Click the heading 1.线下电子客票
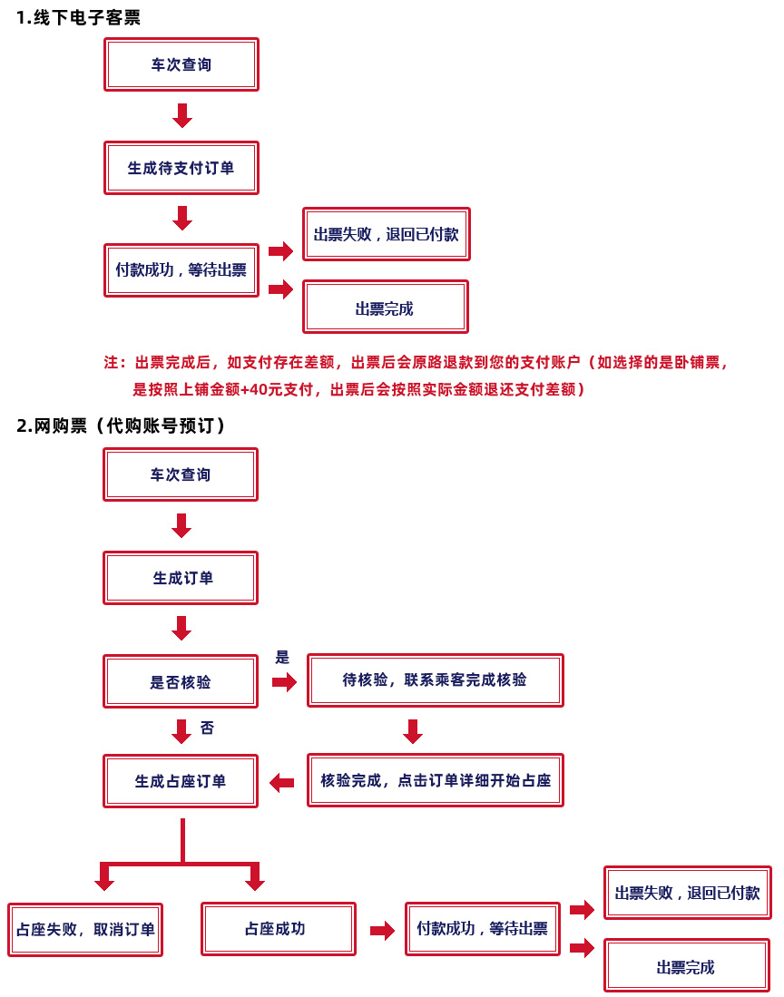tap(78, 17)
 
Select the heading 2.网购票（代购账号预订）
tap(121, 425)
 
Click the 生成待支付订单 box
tap(181, 168)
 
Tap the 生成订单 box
tap(181, 578)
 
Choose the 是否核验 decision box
tap(181, 681)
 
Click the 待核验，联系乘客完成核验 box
tap(435, 680)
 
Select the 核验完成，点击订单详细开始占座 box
tap(435, 780)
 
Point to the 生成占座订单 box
tap(181, 781)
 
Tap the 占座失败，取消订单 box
tap(85, 930)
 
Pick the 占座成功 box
tap(279, 929)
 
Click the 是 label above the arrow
tap(282, 658)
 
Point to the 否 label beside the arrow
tap(207, 728)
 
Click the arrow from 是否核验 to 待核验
tap(284, 682)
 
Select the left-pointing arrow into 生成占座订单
tap(281, 783)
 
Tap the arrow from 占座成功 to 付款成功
tap(382, 931)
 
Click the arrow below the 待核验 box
tap(413, 731)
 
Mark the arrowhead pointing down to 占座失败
tap(104, 884)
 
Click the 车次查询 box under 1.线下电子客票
tap(181, 64)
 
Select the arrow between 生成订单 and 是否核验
tap(181, 628)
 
